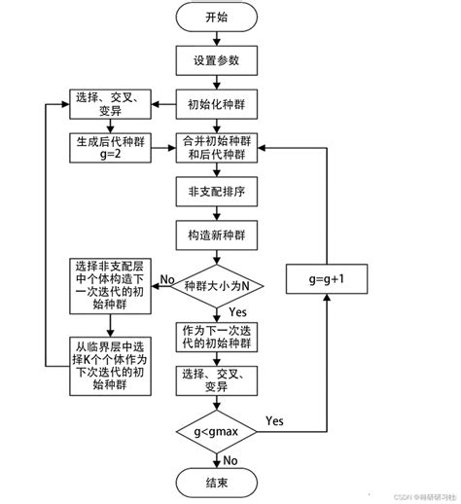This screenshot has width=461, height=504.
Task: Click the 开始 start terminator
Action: coord(218,18)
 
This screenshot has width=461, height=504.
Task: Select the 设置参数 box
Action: coord(218,60)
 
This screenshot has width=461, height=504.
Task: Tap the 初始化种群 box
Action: coord(218,103)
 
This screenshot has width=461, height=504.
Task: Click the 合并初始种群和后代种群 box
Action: coord(218,146)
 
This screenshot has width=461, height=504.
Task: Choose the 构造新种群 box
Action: coord(218,234)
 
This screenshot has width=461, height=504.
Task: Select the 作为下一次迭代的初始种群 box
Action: coord(218,338)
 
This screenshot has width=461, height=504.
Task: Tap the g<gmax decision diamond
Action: coord(218,429)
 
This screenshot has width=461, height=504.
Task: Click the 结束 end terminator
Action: coord(218,482)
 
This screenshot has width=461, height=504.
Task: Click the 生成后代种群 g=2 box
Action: coord(109,146)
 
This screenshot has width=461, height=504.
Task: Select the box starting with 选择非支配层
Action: coord(109,286)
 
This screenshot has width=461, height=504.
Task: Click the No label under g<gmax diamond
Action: coord(231,458)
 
